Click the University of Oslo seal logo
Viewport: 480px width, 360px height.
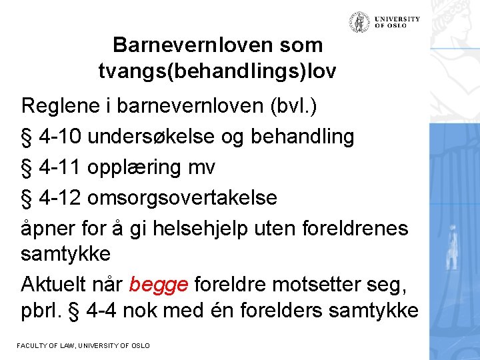point(360,22)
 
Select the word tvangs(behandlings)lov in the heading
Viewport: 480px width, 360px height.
point(217,71)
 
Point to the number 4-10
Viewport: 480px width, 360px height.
point(61,137)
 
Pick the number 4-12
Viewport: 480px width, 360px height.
point(61,198)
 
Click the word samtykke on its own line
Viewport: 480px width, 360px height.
point(65,254)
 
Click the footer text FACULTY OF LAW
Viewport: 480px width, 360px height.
point(43,345)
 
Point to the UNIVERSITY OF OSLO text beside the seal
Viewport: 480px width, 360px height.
point(397,22)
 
